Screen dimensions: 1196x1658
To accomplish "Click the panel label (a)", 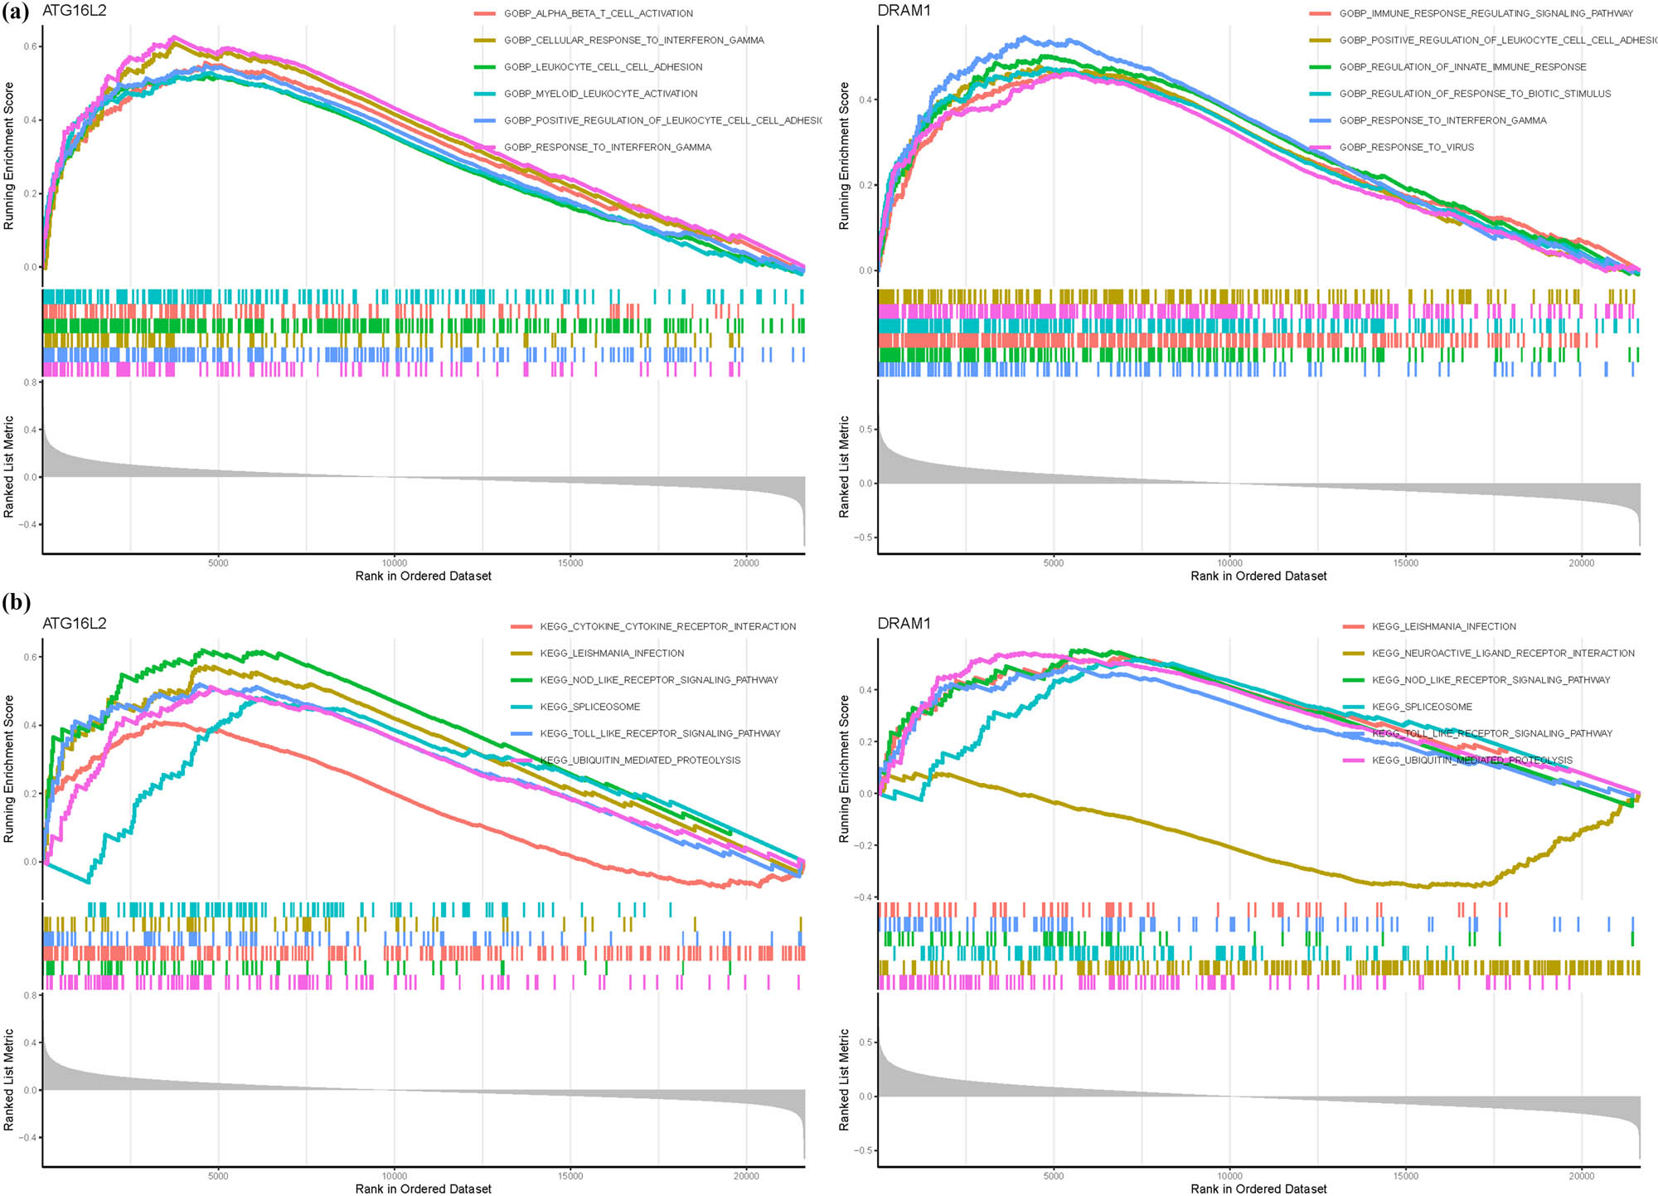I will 15,12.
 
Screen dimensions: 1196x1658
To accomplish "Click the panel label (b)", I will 15,602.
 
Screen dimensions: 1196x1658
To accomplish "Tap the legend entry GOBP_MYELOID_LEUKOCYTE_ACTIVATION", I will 600,94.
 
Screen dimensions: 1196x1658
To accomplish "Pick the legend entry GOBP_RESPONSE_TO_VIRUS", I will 1406,147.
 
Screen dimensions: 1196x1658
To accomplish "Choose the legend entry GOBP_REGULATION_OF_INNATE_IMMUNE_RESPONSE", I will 1462,67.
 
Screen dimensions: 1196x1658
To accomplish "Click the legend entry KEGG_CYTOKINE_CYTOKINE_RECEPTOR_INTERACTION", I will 667,626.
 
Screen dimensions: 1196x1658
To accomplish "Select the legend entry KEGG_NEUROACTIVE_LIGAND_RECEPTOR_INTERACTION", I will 1503,654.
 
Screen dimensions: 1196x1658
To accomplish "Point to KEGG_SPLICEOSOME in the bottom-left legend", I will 589,707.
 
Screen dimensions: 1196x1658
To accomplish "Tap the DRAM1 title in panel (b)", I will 904,624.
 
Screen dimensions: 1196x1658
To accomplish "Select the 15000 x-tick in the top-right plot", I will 1405,563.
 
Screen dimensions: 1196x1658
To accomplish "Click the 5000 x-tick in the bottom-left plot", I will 218,1175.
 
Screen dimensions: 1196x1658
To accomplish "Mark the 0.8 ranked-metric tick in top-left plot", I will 30,382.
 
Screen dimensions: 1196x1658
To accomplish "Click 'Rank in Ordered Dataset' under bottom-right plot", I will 1258,1189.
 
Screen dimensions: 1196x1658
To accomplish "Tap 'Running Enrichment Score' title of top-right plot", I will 844,155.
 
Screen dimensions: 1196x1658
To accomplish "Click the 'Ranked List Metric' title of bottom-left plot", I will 9,1079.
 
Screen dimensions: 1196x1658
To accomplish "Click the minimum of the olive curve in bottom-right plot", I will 1424,887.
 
